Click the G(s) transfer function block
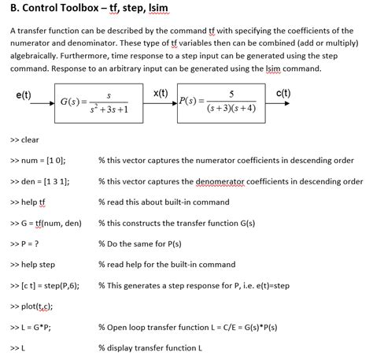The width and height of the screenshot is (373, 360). click(x=94, y=102)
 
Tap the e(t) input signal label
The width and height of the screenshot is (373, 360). click(x=23, y=95)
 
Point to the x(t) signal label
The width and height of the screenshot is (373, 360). click(x=160, y=94)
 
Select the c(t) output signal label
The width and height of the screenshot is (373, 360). click(x=284, y=95)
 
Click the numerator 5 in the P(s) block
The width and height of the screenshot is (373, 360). click(x=230, y=94)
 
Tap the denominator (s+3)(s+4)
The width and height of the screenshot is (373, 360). click(x=230, y=109)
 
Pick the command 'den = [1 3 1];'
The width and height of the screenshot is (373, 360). click(x=44, y=181)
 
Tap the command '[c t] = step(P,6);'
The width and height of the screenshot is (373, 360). click(x=50, y=284)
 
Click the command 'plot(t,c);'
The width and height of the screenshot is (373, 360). click(x=36, y=306)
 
